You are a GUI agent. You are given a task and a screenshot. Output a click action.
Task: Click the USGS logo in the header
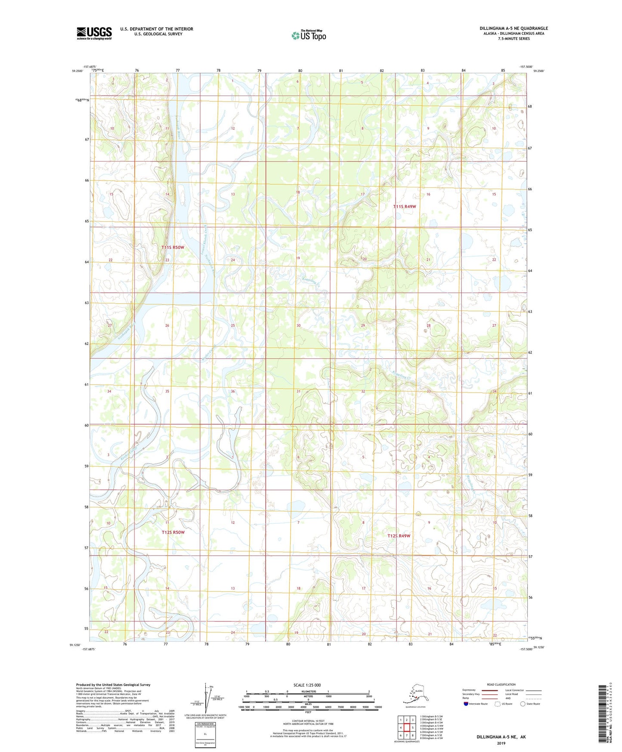(94, 33)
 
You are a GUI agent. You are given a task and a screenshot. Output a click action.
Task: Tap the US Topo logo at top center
(308, 35)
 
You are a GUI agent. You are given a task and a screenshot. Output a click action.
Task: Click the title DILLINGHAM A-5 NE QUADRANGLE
(514, 28)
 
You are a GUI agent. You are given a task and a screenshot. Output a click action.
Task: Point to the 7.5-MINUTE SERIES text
(514, 39)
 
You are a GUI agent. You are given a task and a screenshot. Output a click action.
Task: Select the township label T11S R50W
(173, 247)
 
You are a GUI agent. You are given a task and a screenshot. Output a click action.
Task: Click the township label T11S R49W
(405, 207)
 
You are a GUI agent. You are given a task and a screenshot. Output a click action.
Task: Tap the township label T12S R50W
(173, 532)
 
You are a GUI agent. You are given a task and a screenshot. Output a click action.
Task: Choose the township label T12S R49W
(399, 536)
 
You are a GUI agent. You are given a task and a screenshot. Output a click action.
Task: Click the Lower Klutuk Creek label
(204, 240)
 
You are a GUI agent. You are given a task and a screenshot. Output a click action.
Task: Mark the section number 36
(233, 391)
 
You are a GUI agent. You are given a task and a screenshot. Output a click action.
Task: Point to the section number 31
(298, 391)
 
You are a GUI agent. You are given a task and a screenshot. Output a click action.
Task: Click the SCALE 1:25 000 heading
(307, 685)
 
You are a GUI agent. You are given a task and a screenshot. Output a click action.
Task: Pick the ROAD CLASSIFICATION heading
(501, 684)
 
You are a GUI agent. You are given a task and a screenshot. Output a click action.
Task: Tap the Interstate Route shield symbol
(466, 704)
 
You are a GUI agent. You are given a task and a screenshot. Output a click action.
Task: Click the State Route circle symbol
(523, 704)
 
